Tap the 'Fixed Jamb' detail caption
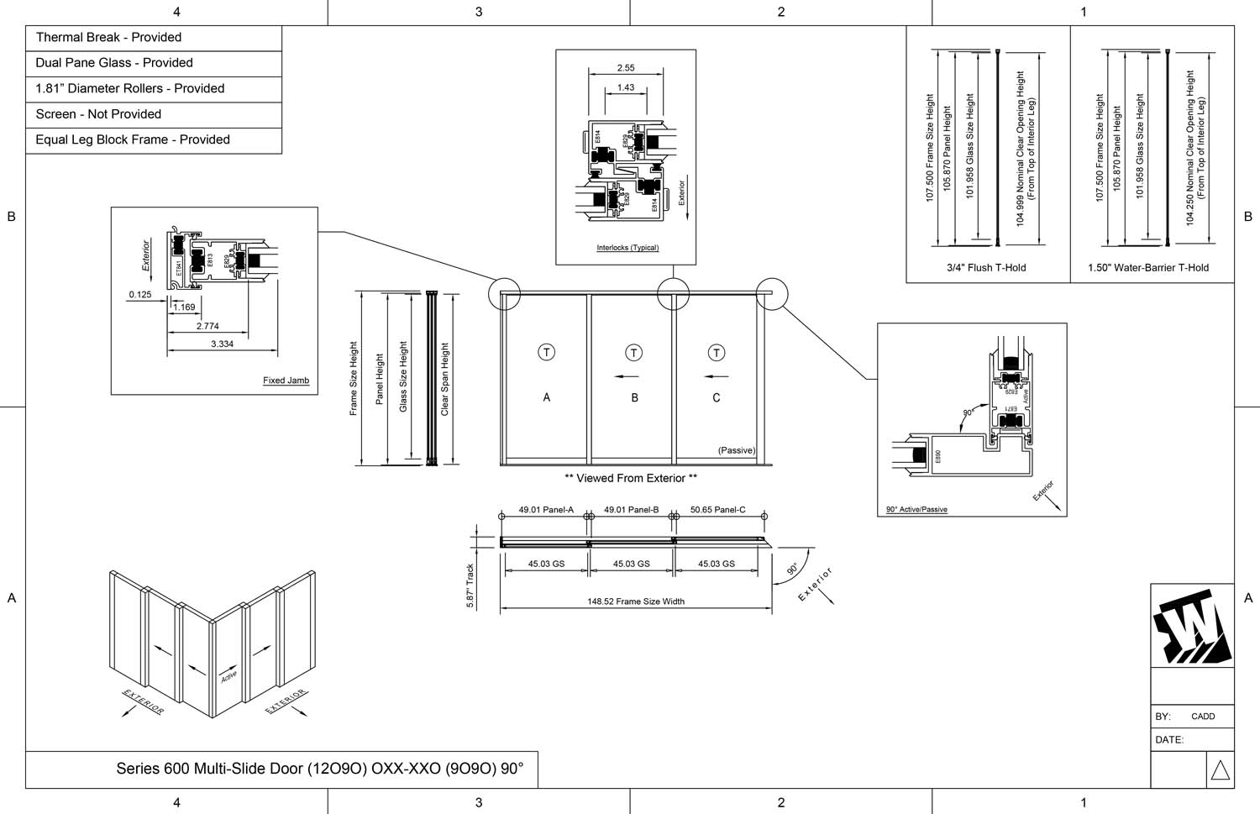[286, 381]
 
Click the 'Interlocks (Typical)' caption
[627, 248]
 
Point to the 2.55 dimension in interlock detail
[626, 68]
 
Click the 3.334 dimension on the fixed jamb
[222, 344]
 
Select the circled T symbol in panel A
[547, 352]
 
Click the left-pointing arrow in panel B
[627, 376]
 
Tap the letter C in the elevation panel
[717, 398]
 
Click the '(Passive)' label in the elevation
[737, 450]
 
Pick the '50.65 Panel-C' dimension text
[717, 510]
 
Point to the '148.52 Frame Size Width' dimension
[636, 601]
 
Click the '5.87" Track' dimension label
[470, 586]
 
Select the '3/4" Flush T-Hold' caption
[986, 268]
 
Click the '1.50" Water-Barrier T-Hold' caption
[1148, 268]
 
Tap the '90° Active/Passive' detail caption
[916, 509]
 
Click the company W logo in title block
[1192, 627]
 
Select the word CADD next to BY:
[1203, 717]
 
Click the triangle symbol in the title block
[1221, 770]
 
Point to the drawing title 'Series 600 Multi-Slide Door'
[319, 769]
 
